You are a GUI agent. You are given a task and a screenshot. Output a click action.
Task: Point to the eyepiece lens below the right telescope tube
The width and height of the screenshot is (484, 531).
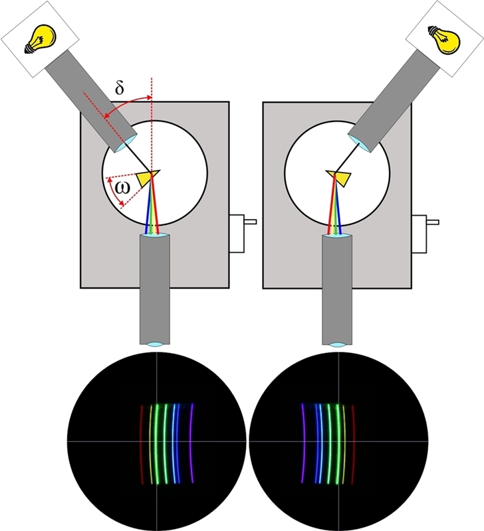pyautogui.click(x=337, y=344)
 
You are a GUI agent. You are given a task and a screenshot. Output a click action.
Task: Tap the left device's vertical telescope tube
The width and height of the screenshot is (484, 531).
pyautogui.click(x=154, y=285)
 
